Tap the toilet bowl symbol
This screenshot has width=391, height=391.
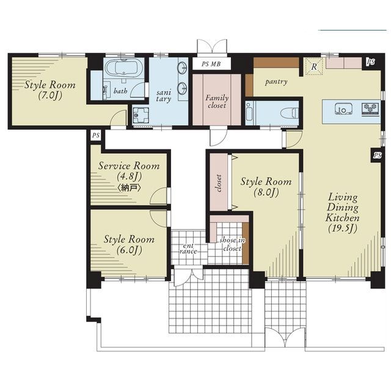coord(289,113)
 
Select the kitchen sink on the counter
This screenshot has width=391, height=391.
coord(343,109)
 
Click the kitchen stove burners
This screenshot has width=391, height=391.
coord(370,109)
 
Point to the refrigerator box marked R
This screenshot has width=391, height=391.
coord(314,66)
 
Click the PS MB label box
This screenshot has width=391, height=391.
coord(211,64)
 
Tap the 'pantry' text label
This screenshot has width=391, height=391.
coord(276,81)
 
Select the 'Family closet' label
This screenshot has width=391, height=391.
coord(217,101)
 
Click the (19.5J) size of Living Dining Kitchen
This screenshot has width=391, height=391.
coord(343,228)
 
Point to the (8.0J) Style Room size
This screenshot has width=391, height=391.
coord(266,192)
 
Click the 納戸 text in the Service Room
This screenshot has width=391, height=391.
coord(129,188)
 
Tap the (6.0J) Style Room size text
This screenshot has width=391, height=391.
coord(129,250)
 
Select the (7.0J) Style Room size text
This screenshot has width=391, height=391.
coord(50,95)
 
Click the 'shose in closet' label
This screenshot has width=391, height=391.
coord(232,244)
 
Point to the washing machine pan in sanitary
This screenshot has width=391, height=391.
coord(141,115)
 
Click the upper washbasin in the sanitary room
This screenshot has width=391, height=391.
coord(182,68)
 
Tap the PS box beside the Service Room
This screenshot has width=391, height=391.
coord(96,136)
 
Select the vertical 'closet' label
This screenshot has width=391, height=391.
coord(219,183)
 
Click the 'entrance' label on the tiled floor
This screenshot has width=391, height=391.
coord(188,249)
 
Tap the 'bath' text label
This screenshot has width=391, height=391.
coord(120,91)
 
